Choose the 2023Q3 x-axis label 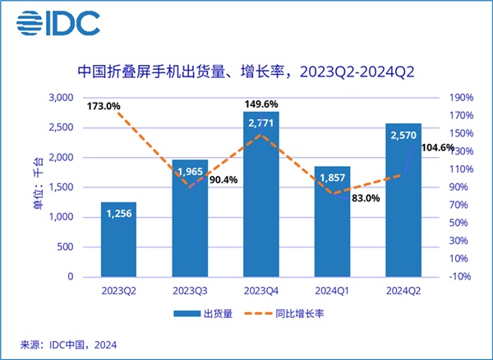point(190,291)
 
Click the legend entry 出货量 point(201,313)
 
